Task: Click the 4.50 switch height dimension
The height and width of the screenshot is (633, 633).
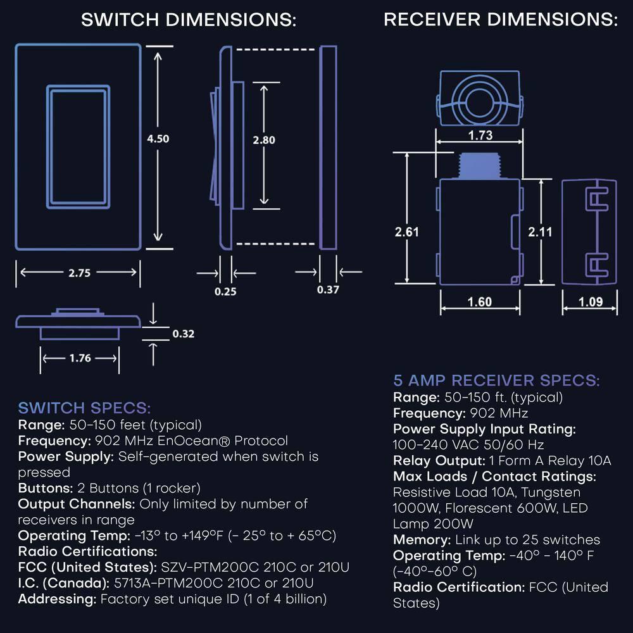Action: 158,139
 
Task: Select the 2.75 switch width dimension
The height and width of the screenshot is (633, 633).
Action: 80,273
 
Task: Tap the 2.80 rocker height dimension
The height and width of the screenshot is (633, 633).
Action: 264,140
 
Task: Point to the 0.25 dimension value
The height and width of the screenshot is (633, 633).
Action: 225,292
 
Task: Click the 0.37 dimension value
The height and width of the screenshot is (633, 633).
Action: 329,290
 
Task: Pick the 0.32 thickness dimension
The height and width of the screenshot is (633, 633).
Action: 183,334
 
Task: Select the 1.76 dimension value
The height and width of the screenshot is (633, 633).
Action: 80,358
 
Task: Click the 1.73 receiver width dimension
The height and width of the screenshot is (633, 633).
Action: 480,135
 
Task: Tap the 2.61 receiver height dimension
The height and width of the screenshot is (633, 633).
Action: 407,232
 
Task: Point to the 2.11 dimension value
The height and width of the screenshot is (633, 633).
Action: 540,232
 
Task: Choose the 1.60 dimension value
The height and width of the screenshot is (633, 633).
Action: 479,302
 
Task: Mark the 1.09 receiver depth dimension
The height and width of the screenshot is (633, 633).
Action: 591,302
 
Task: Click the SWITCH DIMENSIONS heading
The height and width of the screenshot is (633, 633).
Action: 189,20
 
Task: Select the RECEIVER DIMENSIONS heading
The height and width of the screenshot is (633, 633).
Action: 501,20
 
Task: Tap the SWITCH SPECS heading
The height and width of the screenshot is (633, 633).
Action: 84,407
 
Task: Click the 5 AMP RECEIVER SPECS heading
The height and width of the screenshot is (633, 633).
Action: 496,380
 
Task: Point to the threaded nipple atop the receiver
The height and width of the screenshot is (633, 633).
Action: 479,166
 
